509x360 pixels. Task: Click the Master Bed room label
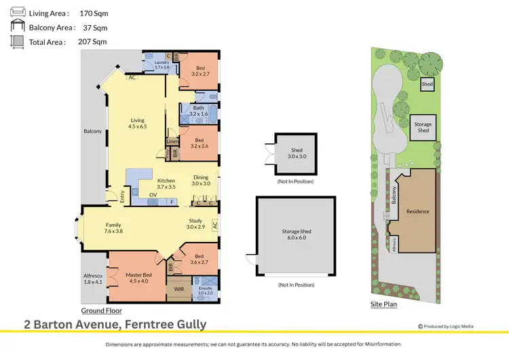click(x=138, y=278)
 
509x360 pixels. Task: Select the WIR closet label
click(x=179, y=289)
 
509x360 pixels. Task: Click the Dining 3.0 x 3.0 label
click(x=200, y=181)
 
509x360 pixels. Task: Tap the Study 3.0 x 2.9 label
click(x=195, y=223)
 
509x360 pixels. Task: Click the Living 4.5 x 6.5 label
click(x=138, y=123)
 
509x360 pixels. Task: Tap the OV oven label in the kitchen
click(x=153, y=195)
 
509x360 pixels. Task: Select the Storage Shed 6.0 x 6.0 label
click(x=295, y=234)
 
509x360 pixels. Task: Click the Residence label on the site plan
click(x=417, y=211)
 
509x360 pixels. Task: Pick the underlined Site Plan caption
click(x=383, y=304)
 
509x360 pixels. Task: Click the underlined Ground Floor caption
click(x=97, y=310)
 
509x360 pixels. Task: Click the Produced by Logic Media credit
click(x=445, y=326)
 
